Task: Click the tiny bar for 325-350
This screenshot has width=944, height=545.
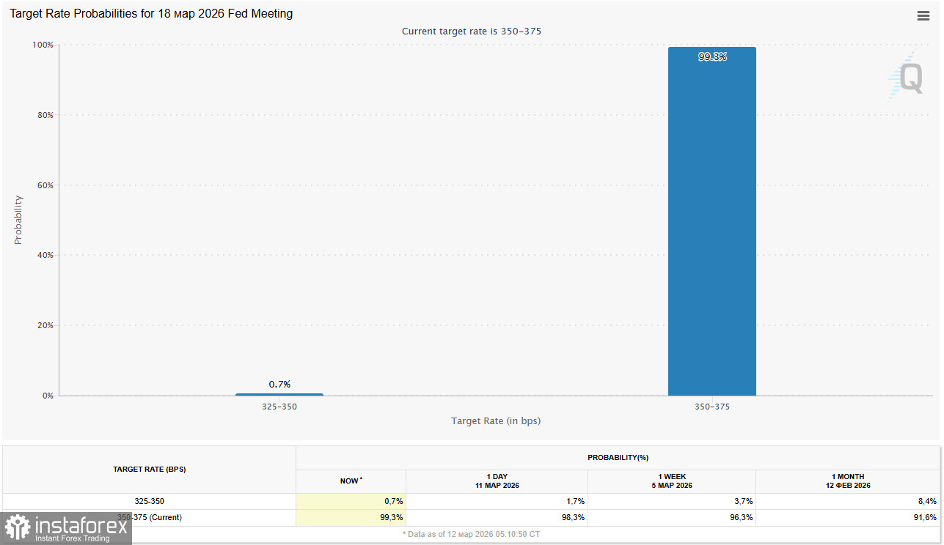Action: [279, 394]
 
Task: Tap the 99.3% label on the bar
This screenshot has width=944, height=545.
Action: [712, 56]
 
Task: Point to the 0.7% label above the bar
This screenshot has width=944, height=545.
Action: [279, 384]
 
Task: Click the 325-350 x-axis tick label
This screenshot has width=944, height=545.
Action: [279, 407]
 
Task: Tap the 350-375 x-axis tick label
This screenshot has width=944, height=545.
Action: [712, 407]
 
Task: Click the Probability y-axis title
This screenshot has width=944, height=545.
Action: [18, 220]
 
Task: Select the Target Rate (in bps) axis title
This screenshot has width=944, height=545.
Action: [496, 420]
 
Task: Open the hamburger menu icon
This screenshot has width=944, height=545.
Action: [923, 16]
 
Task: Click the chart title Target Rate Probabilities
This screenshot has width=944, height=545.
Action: [151, 14]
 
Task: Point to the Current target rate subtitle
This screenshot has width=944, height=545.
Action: [472, 31]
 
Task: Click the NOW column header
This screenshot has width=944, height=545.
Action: [351, 481]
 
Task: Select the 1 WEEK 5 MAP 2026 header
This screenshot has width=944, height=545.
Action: [672, 481]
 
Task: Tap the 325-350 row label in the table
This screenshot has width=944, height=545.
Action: [150, 501]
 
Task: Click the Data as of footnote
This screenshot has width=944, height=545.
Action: [471, 534]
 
